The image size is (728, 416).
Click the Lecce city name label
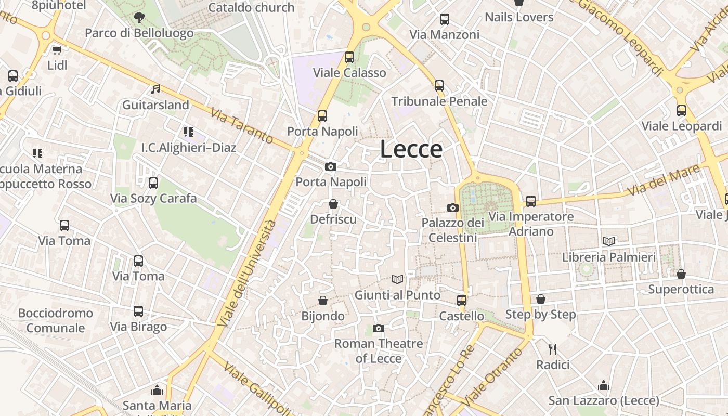(411, 149)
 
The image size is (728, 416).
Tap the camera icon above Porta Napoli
(330, 167)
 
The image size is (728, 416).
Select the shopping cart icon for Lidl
(57, 50)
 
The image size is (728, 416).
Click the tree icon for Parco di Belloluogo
(139, 18)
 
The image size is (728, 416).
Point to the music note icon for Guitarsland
(155, 89)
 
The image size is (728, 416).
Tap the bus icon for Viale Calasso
(349, 57)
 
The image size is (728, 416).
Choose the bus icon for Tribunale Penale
(439, 86)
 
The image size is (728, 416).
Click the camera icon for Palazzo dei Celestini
(453, 208)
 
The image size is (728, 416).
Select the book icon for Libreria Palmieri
(609, 241)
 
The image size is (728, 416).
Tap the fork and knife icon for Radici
(553, 349)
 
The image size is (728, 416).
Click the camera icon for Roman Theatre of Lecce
(379, 328)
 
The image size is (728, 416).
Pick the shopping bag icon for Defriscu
(333, 204)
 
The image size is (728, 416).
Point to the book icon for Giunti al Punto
(397, 280)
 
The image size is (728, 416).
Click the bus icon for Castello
(462, 301)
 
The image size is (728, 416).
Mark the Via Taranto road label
(242, 126)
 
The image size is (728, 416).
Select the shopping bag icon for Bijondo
(323, 301)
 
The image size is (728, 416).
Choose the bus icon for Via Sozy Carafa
(153, 183)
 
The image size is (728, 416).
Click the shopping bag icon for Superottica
(681, 274)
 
